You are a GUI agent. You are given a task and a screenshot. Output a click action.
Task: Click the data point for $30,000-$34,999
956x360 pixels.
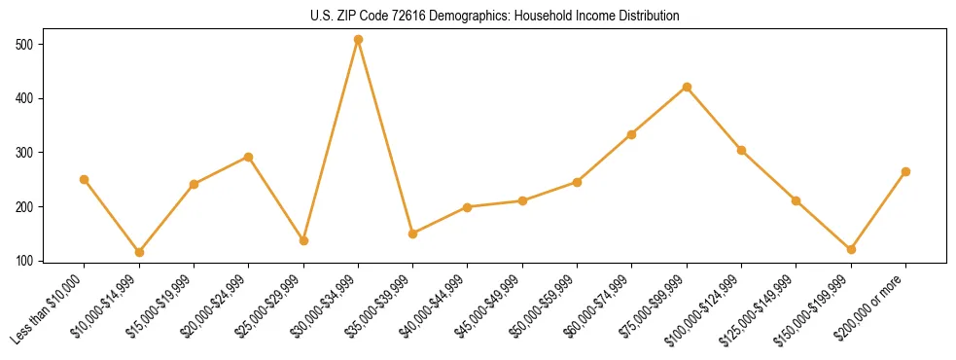tap(358, 40)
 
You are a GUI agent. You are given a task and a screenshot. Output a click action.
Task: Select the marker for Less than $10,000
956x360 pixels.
tap(85, 179)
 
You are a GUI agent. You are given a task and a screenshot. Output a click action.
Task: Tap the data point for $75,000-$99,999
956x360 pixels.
tap(687, 87)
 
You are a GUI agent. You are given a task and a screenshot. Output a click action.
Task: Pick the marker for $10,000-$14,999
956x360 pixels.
tap(139, 252)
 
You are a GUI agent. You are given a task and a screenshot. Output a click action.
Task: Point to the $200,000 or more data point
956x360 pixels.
tap(905, 171)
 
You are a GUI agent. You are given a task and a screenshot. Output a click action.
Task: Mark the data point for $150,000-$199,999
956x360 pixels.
tap(851, 249)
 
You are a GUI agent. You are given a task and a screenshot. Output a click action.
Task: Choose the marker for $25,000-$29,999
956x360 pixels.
tap(303, 240)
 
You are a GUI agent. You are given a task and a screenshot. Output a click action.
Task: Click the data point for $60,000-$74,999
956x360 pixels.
tap(632, 134)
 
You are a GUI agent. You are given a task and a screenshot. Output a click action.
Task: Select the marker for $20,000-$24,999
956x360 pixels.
tap(249, 157)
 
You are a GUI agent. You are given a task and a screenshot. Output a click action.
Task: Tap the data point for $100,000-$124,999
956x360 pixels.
tap(741, 150)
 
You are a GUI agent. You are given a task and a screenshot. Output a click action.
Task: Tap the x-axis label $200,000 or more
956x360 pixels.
tap(871, 306)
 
